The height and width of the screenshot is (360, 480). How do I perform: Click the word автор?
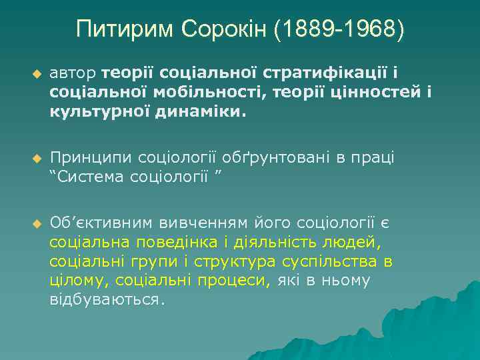(x=73, y=72)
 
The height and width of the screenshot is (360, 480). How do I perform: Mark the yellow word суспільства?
(x=323, y=261)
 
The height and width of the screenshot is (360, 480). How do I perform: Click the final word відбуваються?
(x=105, y=299)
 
